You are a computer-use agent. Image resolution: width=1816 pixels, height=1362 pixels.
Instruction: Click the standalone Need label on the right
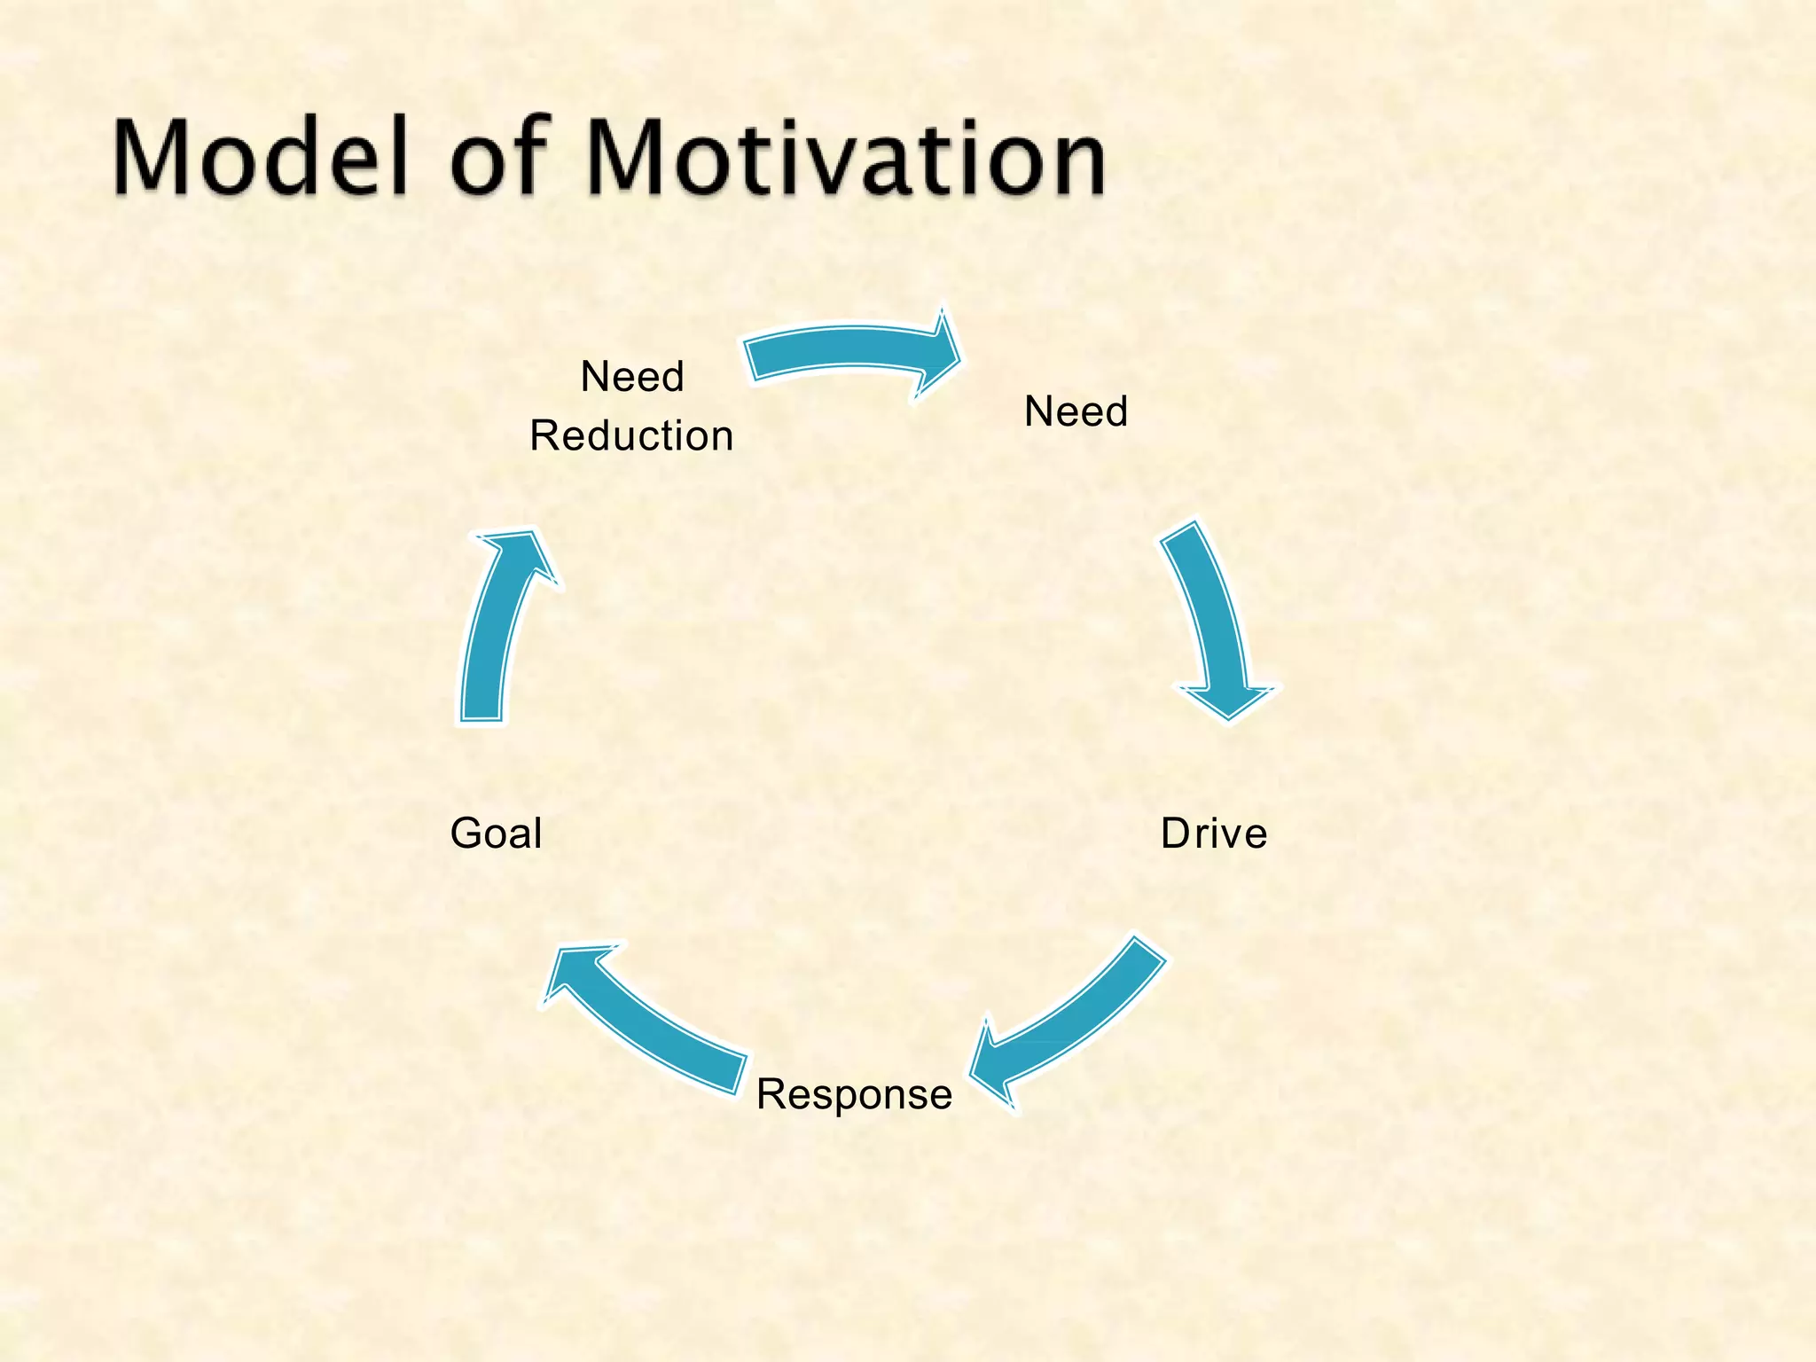coord(1076,412)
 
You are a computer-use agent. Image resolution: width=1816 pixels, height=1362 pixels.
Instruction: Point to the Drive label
coord(1214,834)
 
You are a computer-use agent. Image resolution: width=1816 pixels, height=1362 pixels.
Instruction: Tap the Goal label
coord(496,834)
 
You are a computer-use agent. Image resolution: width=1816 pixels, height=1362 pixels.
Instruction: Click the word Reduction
coord(631,436)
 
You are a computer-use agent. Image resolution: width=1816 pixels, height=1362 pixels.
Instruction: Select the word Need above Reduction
coord(632,378)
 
